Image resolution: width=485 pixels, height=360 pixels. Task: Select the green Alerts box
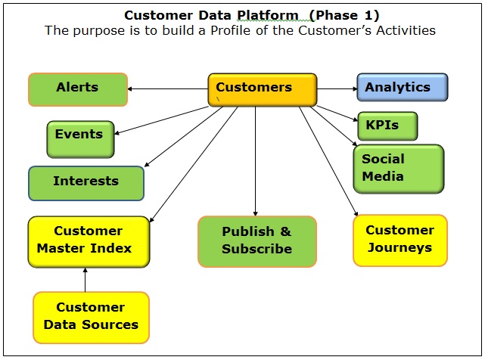coord(78,88)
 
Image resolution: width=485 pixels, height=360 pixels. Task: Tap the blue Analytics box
coord(402,88)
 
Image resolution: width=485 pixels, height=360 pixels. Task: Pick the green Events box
coord(80,139)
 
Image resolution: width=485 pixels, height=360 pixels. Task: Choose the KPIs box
coord(387,126)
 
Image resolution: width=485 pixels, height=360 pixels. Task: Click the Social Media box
coord(398,169)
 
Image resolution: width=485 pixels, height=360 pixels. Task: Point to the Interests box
coord(85,182)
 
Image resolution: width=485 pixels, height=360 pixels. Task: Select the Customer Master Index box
coord(89,241)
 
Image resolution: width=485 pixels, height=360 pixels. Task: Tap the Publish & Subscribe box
coord(256,241)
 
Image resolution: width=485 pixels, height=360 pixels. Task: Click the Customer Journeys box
coord(400,240)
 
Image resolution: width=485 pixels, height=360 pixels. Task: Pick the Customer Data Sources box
coord(91,317)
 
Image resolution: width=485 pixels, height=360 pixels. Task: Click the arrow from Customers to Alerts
coord(168,89)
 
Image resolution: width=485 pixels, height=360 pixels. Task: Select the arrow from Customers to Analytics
coord(337,88)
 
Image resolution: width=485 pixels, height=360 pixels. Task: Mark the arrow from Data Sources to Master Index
coord(85,279)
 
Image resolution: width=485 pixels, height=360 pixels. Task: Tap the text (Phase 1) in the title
coord(343,15)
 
